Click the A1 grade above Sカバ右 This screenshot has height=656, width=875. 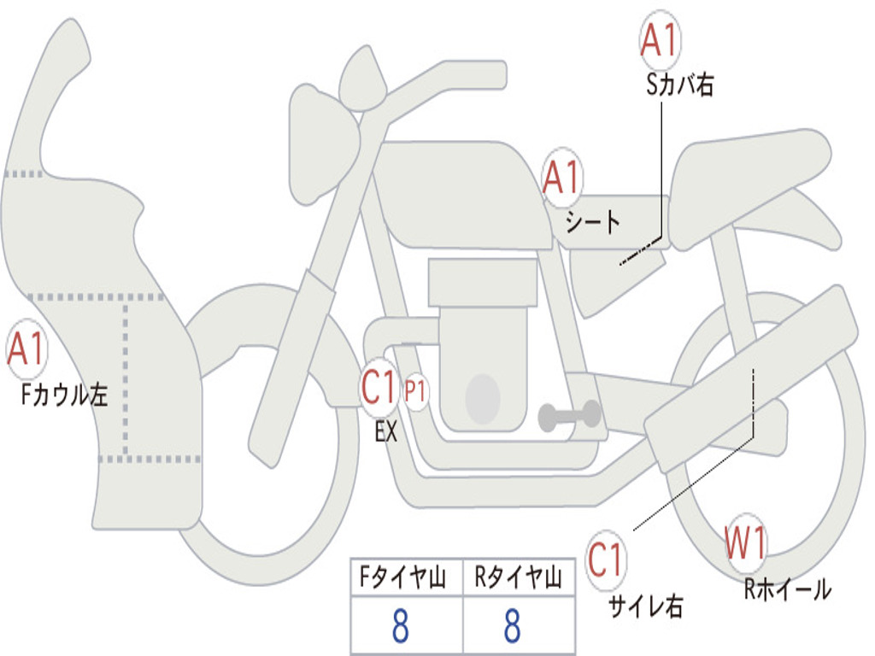pyautogui.click(x=659, y=41)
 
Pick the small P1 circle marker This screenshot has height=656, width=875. pyautogui.click(x=415, y=391)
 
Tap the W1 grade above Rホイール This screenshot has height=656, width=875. pyautogui.click(x=746, y=543)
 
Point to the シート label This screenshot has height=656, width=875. pyautogui.click(x=592, y=223)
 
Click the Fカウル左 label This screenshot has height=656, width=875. pyautogui.click(x=66, y=395)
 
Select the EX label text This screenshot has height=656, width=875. pyautogui.click(x=386, y=431)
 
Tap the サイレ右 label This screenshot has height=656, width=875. pyautogui.click(x=646, y=606)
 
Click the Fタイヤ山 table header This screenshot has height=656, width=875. pyautogui.click(x=403, y=579)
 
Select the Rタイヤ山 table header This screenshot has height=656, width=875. pyautogui.click(x=518, y=579)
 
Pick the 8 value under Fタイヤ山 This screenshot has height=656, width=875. pyautogui.click(x=399, y=627)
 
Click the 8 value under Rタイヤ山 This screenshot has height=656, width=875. pyautogui.click(x=512, y=627)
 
